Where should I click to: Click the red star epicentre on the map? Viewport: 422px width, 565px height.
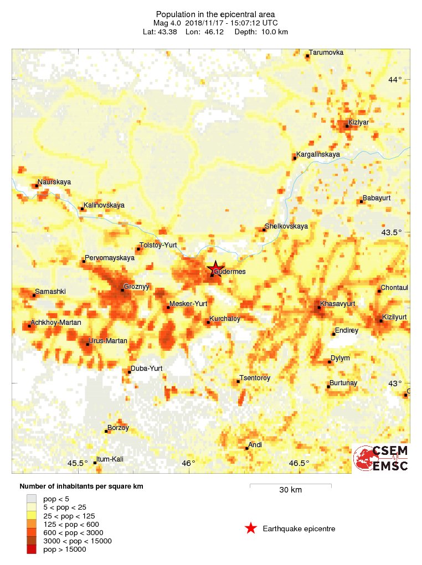(x=215, y=269)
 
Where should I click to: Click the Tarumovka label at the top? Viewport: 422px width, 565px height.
(x=327, y=53)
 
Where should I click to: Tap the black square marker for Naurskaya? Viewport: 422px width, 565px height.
(x=37, y=186)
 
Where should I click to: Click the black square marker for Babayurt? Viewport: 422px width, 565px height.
(x=361, y=201)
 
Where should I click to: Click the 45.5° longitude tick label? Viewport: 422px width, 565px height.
(x=78, y=463)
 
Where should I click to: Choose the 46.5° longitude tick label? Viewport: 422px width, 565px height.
(x=299, y=463)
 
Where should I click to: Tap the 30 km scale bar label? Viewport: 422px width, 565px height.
(x=290, y=490)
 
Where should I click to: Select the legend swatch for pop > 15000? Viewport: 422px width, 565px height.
(x=32, y=549)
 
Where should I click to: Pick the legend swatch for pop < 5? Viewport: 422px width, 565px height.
(x=32, y=499)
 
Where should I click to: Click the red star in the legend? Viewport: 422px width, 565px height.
(x=251, y=528)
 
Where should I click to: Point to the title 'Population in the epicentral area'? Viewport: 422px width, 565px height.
(x=215, y=14)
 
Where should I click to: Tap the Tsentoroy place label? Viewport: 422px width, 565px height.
(x=255, y=378)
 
